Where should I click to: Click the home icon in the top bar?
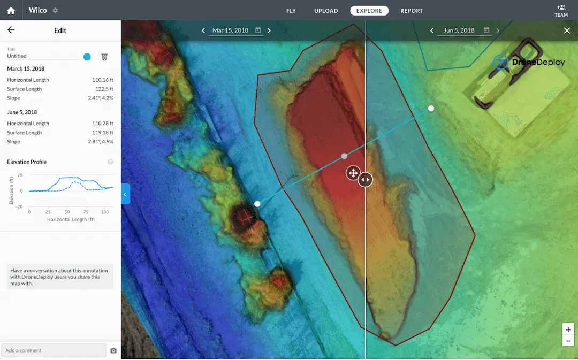pyautogui.click(x=11, y=11)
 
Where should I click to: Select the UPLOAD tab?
pyautogui.click(x=326, y=11)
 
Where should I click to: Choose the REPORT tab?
pyautogui.click(x=412, y=11)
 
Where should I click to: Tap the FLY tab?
pyautogui.click(x=291, y=11)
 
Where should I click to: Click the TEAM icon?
pyautogui.click(x=561, y=10)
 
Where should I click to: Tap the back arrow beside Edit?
pyautogui.click(x=11, y=30)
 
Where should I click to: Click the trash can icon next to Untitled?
pyautogui.click(x=104, y=57)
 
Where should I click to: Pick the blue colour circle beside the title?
pyautogui.click(x=87, y=57)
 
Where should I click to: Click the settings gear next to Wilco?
pyautogui.click(x=55, y=11)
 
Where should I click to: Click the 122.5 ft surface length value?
pyautogui.click(x=104, y=89)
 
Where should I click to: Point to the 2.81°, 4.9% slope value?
pyautogui.click(x=101, y=142)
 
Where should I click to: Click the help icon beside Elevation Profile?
pyautogui.click(x=110, y=162)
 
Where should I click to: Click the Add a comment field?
pyautogui.click(x=54, y=350)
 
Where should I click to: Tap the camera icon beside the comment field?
pyautogui.click(x=113, y=351)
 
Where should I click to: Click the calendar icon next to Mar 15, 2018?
pyautogui.click(x=258, y=30)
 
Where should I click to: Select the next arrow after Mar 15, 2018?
pyautogui.click(x=269, y=30)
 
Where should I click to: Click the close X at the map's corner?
pyautogui.click(x=567, y=30)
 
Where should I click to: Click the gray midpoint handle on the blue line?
pyautogui.click(x=344, y=156)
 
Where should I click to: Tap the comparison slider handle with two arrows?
pyautogui.click(x=366, y=180)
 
